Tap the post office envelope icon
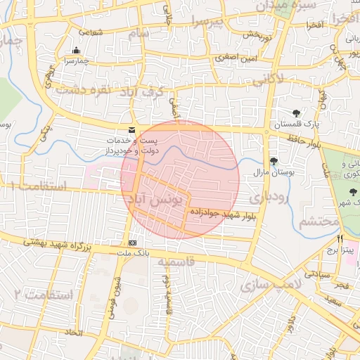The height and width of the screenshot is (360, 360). [132, 129]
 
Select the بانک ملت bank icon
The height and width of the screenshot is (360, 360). [132, 242]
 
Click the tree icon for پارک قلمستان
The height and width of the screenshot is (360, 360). [295, 113]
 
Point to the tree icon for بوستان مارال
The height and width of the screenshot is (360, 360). [274, 161]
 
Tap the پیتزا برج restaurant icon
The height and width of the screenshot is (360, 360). [340, 240]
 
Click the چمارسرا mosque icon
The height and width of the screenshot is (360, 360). [76, 51]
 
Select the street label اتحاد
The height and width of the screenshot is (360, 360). [74, 330]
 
